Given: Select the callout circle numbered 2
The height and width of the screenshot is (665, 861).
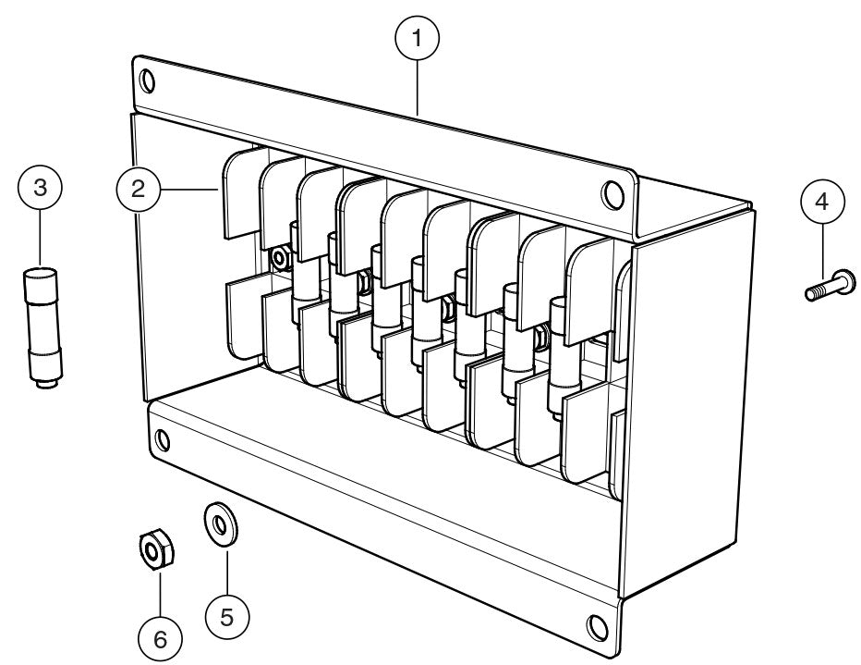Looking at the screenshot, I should click(137, 189).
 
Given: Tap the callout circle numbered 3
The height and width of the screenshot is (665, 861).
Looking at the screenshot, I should click(39, 189).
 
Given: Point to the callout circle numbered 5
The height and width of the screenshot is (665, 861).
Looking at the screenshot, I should click(225, 612).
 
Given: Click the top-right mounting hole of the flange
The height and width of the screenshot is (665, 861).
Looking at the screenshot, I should click(611, 194).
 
